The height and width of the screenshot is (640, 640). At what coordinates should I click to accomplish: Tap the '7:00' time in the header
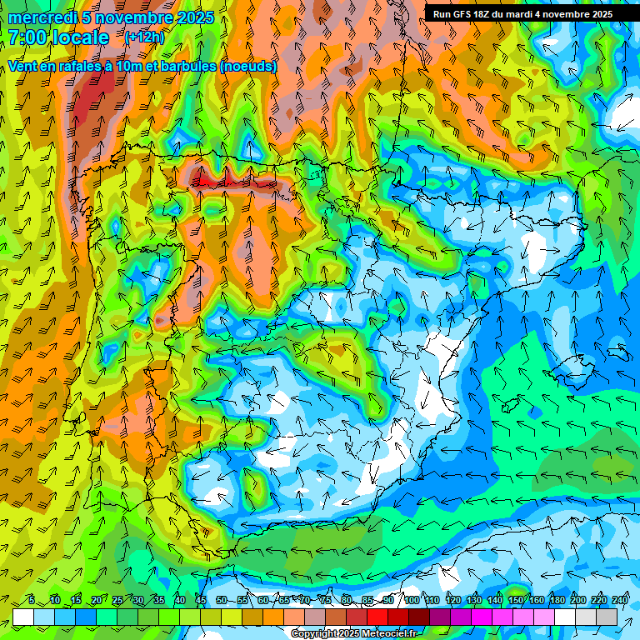click(27, 38)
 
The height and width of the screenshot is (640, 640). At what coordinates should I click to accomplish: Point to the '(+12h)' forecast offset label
click(144, 37)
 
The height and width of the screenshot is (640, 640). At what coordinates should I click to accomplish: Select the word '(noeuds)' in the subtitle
click(248, 66)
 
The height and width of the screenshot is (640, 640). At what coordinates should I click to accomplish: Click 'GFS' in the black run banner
click(468, 14)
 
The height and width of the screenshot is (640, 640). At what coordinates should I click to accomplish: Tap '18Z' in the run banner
click(492, 14)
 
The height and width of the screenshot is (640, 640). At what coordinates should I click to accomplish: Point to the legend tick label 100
click(412, 600)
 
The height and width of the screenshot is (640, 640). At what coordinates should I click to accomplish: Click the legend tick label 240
click(619, 600)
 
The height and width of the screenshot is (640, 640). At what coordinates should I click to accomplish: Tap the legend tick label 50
click(221, 600)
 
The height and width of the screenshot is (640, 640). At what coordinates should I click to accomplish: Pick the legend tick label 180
click(557, 600)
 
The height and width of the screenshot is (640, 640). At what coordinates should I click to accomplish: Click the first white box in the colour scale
click(23, 617)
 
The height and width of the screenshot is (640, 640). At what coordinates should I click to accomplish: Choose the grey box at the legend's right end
click(607, 617)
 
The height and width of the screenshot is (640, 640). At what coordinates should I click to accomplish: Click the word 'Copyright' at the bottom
click(313, 634)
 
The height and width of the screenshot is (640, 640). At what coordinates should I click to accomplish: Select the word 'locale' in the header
click(83, 38)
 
